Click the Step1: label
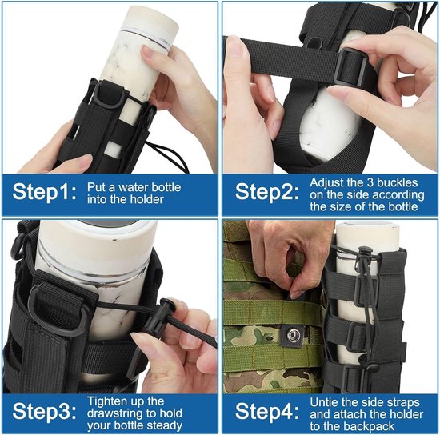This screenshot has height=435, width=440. [44, 192]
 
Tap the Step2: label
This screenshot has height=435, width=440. [267, 192]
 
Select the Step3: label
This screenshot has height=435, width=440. [44, 412]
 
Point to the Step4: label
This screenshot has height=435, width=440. [267, 412]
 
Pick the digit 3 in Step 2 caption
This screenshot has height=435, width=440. [370, 182]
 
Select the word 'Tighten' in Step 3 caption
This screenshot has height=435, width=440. [105, 401]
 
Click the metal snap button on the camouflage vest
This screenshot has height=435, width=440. [294, 335]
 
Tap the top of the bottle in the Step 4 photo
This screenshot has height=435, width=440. [368, 226]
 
